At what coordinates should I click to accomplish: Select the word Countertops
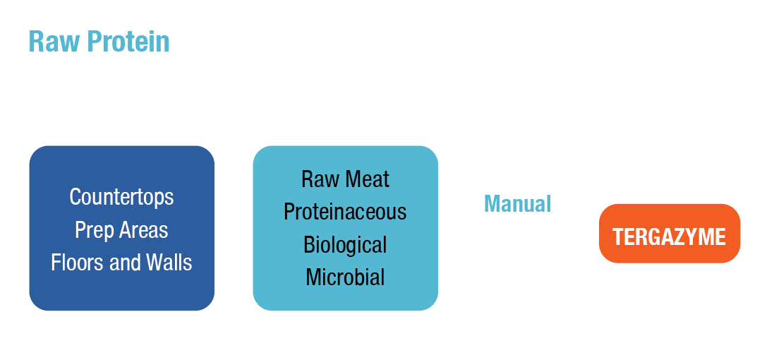(121, 197)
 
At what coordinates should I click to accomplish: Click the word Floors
(75, 263)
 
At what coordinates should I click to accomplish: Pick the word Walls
(169, 263)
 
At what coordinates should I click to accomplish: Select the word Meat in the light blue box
(365, 179)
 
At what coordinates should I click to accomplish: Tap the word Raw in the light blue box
(317, 179)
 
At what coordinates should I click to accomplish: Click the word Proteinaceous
(345, 212)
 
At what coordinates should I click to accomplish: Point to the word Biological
(345, 245)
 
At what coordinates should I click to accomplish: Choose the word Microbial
(345, 277)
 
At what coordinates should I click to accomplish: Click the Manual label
(517, 204)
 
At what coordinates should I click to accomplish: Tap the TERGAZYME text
(669, 236)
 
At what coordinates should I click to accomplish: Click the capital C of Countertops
(75, 197)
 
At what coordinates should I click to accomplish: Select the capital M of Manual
(491, 204)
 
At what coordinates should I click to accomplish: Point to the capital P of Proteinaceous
(289, 212)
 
